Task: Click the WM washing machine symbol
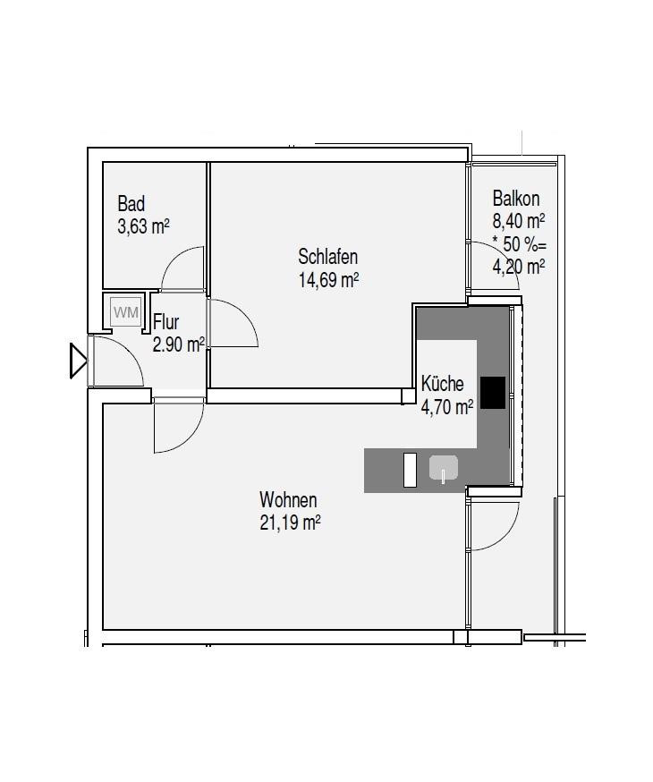coord(125,312)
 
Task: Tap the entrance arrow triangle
coord(78,361)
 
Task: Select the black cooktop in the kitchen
coord(493,393)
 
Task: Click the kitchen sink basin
coord(443,468)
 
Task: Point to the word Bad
coord(131,204)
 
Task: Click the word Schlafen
coord(328,257)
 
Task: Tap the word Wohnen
coord(288,500)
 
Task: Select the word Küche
coord(442,384)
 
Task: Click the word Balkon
coord(516,199)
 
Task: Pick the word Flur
coord(166,322)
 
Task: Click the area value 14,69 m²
coord(328,280)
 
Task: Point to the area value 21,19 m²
coord(290,523)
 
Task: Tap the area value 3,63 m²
coord(143,227)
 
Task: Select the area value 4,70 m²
coord(447,407)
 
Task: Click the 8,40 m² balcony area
coord(519,221)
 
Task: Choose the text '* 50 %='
coord(520,244)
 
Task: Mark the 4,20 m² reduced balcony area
coord(519,268)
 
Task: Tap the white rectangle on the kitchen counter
coord(410,470)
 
